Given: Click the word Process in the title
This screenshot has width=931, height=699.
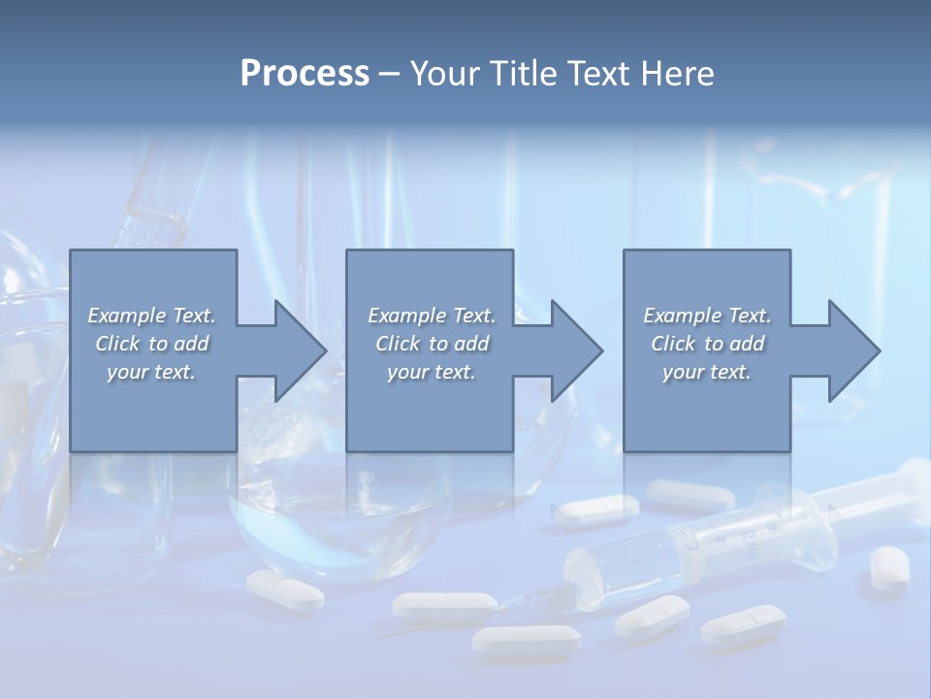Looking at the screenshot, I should (305, 74).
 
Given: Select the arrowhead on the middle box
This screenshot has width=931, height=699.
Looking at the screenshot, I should (575, 350).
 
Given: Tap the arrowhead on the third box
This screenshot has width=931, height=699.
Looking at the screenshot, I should (852, 350).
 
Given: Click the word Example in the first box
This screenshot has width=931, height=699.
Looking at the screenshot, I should (127, 316).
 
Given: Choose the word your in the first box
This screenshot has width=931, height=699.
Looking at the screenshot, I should (127, 372).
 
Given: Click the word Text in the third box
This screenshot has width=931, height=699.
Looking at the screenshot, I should (748, 316).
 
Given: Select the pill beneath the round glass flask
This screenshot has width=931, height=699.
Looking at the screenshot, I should (285, 589).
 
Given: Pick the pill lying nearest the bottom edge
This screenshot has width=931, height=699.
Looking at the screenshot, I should (526, 638).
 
